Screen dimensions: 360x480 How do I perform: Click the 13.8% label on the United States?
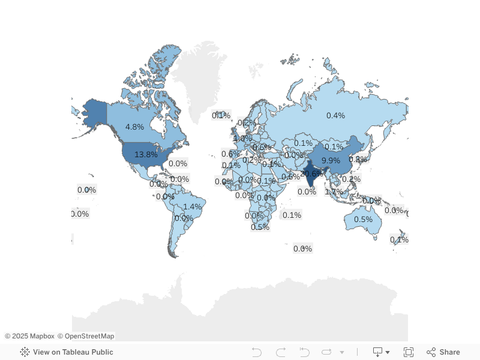[x=146, y=154]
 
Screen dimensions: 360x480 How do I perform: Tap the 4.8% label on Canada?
[x=134, y=127]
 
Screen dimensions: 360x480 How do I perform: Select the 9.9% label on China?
[x=331, y=161]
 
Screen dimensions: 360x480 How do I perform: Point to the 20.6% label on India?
[x=311, y=174]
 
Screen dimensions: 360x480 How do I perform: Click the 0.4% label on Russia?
[x=335, y=115]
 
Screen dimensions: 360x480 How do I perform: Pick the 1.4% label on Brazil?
[x=193, y=206]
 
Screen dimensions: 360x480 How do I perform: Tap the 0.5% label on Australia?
[x=363, y=220]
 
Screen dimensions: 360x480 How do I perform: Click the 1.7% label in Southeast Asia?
[x=334, y=192]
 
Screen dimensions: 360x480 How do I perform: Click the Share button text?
[x=449, y=352]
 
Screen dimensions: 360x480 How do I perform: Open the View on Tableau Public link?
[x=73, y=352]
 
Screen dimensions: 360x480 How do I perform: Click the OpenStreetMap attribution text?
[x=89, y=336]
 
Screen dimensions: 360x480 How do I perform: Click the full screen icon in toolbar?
[x=409, y=352]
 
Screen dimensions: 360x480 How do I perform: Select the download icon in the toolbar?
[x=378, y=352]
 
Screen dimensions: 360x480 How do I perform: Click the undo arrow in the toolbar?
[x=257, y=352]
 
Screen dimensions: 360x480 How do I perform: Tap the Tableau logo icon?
[x=25, y=352]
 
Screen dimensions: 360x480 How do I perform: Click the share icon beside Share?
[x=431, y=352]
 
